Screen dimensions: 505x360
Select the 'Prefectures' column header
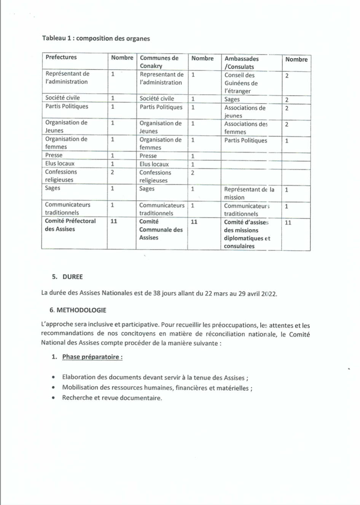[x=61, y=57]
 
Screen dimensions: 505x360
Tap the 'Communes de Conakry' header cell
[x=159, y=62]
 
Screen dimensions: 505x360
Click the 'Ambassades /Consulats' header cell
[x=241, y=62]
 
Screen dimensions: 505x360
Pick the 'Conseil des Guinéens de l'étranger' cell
[x=241, y=83]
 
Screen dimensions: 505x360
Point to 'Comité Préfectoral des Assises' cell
[x=70, y=225]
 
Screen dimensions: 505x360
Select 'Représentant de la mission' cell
[x=249, y=193]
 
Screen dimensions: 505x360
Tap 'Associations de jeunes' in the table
[x=245, y=112]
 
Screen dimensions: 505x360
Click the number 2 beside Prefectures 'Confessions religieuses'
[x=112, y=172]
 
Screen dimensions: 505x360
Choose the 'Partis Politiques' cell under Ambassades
[x=245, y=141]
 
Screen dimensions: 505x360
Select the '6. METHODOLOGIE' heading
[x=78, y=310]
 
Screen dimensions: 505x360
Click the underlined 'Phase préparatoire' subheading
[x=92, y=357]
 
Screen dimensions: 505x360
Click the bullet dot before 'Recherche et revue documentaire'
[x=54, y=398]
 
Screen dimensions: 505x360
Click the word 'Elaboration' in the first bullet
[x=79, y=377]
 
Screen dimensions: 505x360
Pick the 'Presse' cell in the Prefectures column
[x=54, y=155]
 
